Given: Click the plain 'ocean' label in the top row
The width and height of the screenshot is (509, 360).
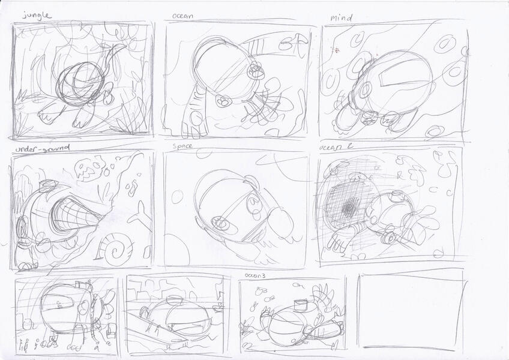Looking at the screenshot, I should [182, 17].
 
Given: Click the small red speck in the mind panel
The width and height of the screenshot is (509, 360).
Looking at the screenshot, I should [337, 50].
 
